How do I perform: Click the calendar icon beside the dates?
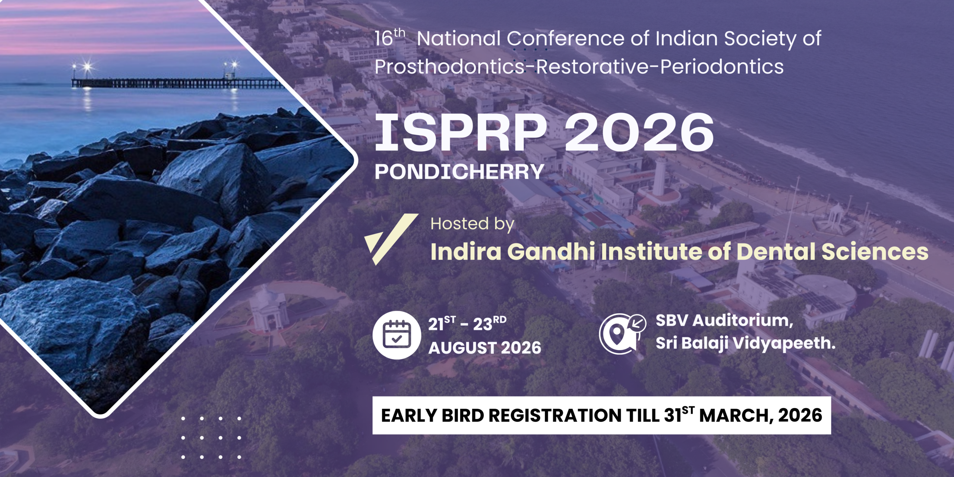coord(397,335)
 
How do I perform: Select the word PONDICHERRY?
coord(459,172)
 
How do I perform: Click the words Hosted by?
coord(472,224)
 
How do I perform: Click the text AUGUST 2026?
coord(484,348)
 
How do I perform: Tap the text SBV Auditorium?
coord(724,320)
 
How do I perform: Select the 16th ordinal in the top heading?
coord(389,37)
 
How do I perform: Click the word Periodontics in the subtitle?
coord(722,67)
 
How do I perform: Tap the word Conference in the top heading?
coord(565,38)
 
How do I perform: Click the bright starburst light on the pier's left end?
coord(87,67)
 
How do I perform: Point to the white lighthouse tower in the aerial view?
coord(660,175)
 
